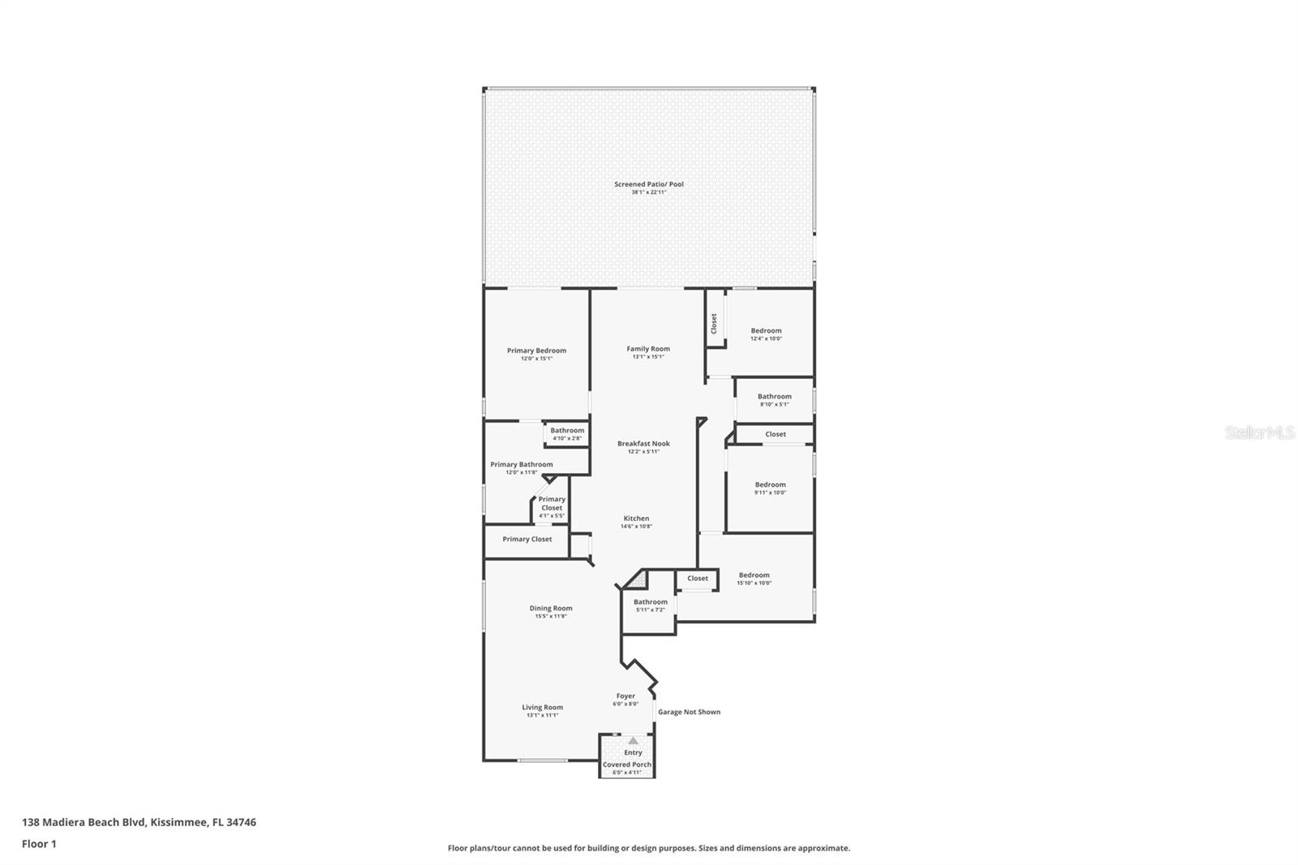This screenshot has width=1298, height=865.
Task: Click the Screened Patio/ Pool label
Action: tap(648, 184)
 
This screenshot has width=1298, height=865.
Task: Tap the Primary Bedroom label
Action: tap(536, 351)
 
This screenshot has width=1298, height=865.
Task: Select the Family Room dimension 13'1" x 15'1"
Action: tap(648, 357)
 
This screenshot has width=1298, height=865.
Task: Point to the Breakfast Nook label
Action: tap(643, 444)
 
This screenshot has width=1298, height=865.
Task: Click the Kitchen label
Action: tap(636, 519)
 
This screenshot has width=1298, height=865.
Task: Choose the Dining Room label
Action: tap(551, 608)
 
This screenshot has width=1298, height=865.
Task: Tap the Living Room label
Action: tap(542, 708)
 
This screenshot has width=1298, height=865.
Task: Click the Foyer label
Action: tap(625, 696)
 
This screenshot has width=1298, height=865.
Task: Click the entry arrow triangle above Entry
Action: tap(633, 741)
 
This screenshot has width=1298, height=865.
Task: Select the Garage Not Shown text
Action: tap(689, 712)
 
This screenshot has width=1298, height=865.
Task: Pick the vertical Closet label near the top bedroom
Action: tap(714, 323)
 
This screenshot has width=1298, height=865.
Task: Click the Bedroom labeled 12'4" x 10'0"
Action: tap(766, 331)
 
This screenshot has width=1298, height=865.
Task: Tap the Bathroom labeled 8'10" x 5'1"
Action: tap(774, 397)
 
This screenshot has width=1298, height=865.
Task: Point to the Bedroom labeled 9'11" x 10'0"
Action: tap(770, 485)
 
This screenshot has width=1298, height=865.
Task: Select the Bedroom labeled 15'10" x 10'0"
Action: tap(754, 575)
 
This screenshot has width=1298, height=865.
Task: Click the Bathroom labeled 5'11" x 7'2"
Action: tap(651, 602)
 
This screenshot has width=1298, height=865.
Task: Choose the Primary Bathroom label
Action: tap(521, 465)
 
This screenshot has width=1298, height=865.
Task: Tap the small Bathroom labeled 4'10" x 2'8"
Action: tap(567, 431)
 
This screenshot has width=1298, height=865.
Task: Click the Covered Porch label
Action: tap(626, 764)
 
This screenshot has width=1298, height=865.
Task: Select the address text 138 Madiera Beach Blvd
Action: tap(84, 822)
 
